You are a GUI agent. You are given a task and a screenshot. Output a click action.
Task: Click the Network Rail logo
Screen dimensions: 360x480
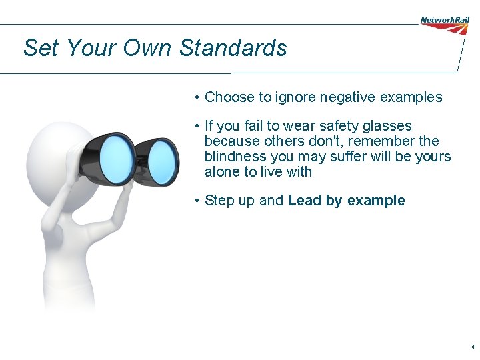coord(445,24)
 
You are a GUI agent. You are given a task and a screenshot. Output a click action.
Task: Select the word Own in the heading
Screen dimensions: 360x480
coord(147,48)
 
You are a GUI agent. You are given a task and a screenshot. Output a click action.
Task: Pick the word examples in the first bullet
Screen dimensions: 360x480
coord(411,97)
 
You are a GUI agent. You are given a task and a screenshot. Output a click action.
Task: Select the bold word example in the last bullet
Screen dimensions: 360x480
coord(376,201)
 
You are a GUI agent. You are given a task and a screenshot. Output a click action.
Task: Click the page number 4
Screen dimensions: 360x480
coord(473,347)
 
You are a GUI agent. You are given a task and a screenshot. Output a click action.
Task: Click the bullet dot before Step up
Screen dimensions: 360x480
coord(197,201)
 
